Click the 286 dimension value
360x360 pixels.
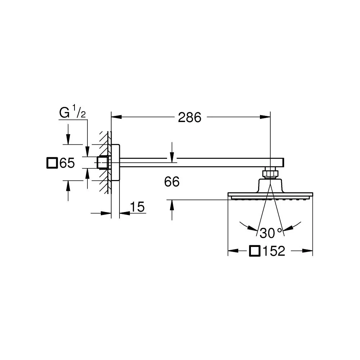tap(190, 117)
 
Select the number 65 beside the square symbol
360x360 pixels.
tap(67, 163)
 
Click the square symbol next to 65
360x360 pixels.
tap(52, 163)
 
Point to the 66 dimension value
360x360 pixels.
tap(172, 181)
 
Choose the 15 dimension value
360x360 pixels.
tap(137, 207)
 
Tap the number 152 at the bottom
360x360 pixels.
tap(274, 251)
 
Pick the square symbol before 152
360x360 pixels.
tap(255, 251)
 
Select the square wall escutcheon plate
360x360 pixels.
tap(115, 163)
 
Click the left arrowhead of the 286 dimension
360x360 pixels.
tap(116, 117)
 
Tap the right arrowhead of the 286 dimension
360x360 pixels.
tap(265, 117)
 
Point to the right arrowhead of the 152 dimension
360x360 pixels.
tap(308, 251)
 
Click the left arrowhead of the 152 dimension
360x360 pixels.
tap(233, 251)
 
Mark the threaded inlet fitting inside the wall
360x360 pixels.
tap(103, 163)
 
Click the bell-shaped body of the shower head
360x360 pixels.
tap(270, 185)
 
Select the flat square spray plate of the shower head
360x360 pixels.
tap(270, 195)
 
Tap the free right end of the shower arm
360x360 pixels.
tap(284, 163)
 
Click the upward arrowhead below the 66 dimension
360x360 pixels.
tap(172, 205)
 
